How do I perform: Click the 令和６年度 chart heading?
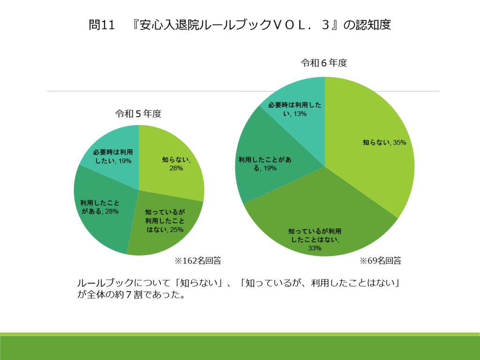[x=324, y=63]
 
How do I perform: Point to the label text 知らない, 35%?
[x=384, y=142]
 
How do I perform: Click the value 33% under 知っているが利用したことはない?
[x=315, y=248]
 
